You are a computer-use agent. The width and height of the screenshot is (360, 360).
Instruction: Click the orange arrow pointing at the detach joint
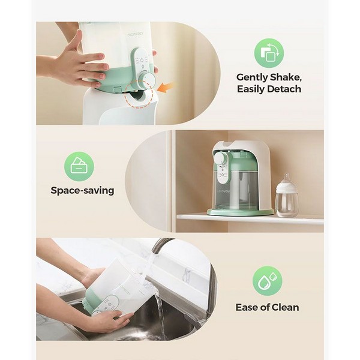coord(165,88)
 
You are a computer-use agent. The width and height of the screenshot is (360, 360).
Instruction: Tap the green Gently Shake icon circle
coord(269,53)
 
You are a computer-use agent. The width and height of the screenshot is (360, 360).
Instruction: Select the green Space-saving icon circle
coord(79,166)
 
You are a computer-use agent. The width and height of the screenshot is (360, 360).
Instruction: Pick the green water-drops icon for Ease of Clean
coord(267,281)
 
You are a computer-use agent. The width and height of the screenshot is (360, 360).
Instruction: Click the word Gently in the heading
coord(252,77)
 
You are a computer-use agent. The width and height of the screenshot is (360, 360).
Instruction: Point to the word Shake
coord(286,77)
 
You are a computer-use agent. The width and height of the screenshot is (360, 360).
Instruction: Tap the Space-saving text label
coord(82,191)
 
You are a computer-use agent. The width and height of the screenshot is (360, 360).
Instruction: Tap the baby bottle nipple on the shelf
coord(286,179)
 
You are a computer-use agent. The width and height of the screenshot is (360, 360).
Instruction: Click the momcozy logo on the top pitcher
coord(136,35)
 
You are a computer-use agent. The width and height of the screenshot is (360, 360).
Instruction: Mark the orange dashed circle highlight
coord(139,94)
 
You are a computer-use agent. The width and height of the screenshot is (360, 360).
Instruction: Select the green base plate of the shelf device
coord(241,212)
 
